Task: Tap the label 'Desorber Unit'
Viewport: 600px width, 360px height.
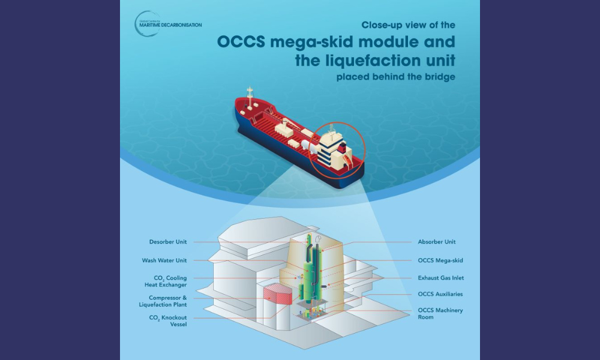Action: (x=168, y=242)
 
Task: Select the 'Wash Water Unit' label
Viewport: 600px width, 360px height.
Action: (x=164, y=260)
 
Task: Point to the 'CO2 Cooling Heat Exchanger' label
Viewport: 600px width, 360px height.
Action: (x=166, y=281)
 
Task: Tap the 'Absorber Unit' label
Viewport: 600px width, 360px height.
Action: (x=437, y=242)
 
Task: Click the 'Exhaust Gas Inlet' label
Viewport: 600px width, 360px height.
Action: (x=441, y=278)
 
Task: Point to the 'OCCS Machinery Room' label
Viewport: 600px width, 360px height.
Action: (x=433, y=313)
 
